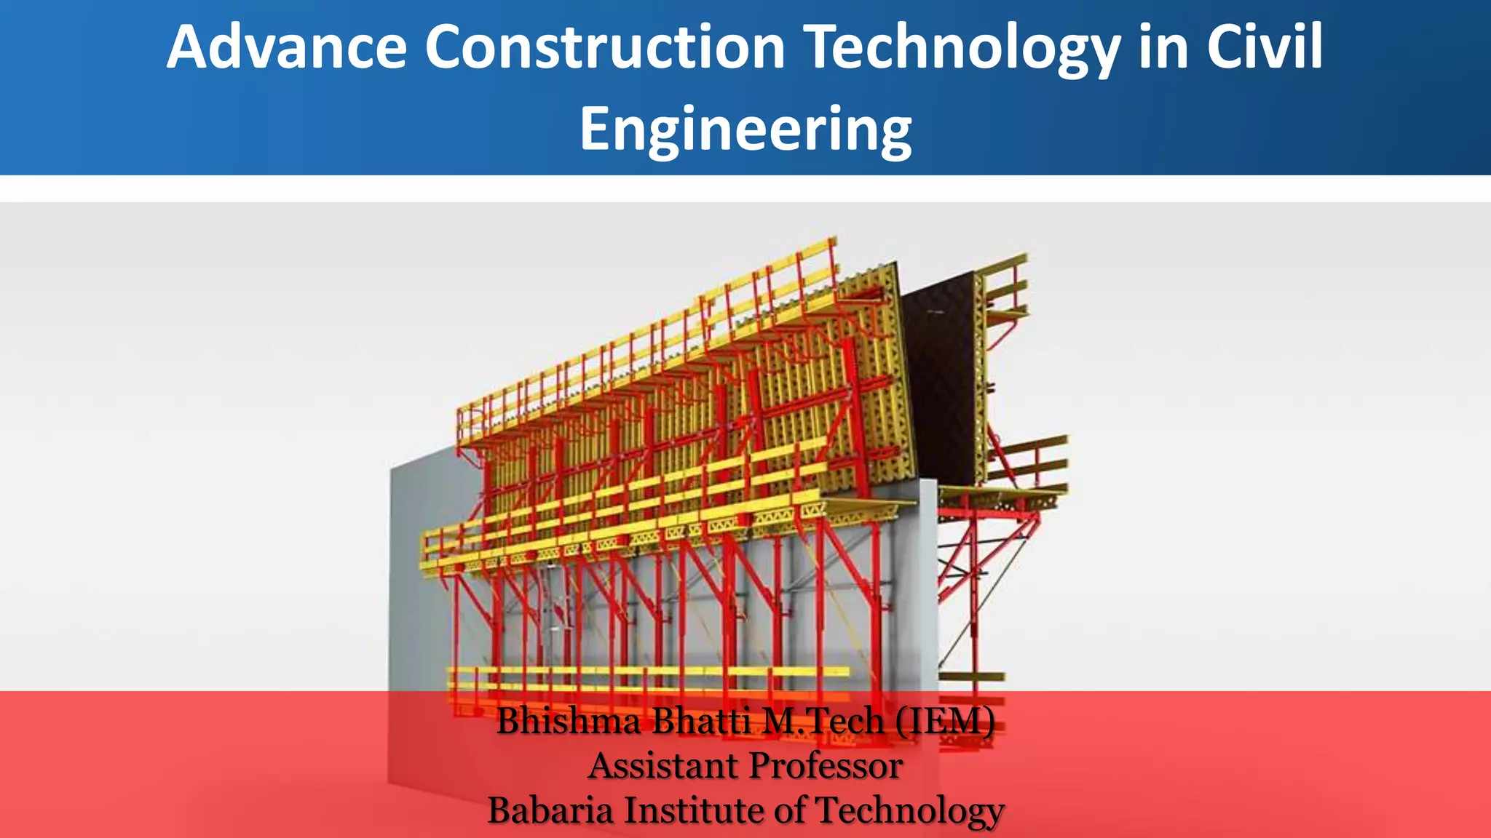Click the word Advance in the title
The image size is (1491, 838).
coord(286,47)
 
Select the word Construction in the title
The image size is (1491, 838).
coord(605,47)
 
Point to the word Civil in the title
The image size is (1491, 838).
coord(1265,47)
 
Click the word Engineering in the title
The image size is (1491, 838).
coord(745,129)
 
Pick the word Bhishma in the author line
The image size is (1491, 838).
coord(569,722)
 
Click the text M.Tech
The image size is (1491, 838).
coord(823,722)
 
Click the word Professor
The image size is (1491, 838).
coord(826,766)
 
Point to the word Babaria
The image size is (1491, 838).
coord(550,810)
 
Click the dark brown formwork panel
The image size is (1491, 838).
coord(943,378)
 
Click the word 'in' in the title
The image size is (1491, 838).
coord(1163,47)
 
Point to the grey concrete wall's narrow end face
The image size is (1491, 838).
coord(928,582)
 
